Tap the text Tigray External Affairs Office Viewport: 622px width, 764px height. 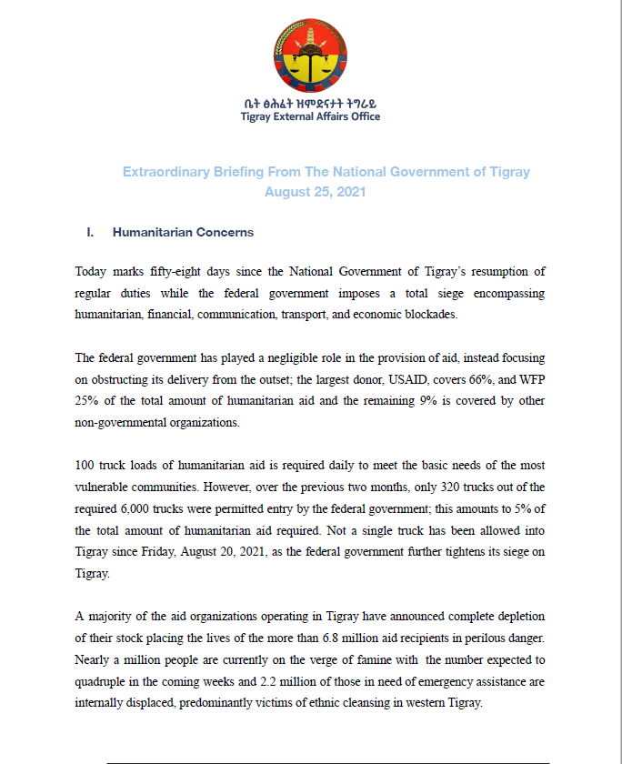[x=310, y=116]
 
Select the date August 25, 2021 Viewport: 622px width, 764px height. [x=310, y=192]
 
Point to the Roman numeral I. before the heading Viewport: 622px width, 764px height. [x=90, y=233]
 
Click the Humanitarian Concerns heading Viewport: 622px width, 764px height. [x=183, y=233]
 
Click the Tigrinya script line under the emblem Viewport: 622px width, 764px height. [x=310, y=103]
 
